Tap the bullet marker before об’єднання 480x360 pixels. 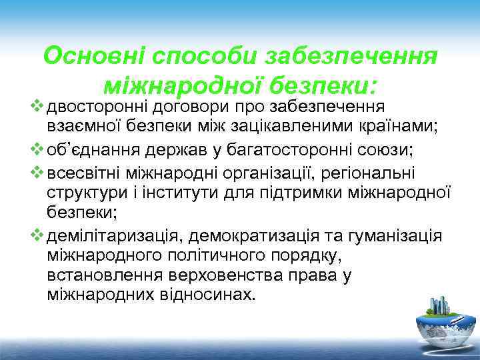tap(38, 150)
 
